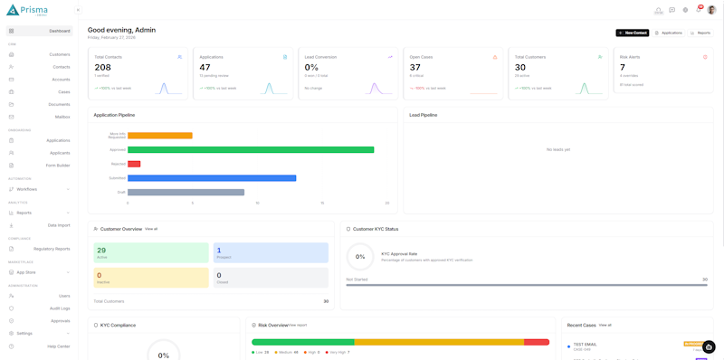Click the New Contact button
[632, 33]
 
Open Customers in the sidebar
[59, 54]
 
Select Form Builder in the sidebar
[57, 166]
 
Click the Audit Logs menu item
[59, 308]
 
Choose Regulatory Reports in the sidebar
[52, 249]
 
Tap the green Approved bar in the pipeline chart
[251, 150]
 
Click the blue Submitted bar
[212, 178]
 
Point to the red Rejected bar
[134, 164]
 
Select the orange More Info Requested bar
[160, 136]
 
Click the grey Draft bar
[186, 192]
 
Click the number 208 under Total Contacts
[103, 68]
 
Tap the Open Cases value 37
[415, 68]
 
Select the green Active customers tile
[151, 253]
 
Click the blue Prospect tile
[271, 253]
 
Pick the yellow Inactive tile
[151, 278]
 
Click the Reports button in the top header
[700, 33]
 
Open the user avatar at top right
[712, 10]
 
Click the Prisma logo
[27, 10]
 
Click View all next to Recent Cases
[605, 325]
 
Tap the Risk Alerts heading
[630, 57]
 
